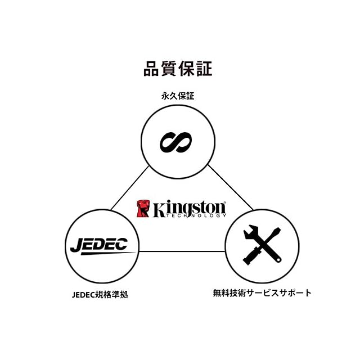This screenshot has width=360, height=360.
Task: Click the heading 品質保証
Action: click(178, 70)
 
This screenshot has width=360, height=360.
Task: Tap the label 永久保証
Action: click(178, 96)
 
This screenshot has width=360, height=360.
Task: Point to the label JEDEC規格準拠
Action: click(100, 294)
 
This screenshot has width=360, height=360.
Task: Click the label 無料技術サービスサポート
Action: click(262, 293)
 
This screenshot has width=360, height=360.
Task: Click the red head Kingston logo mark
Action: click(143, 208)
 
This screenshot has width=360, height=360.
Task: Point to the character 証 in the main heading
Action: click(204, 70)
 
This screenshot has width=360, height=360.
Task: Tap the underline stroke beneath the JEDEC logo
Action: click(104, 254)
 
